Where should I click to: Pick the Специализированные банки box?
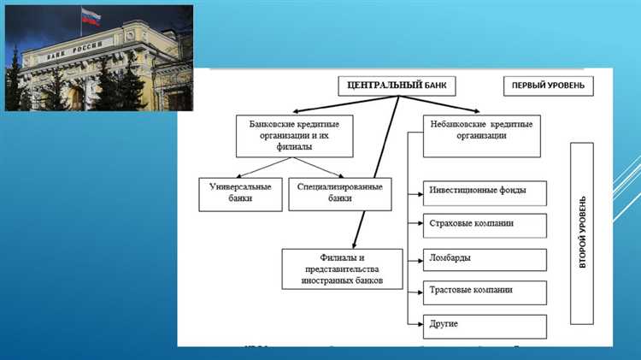coord(340,192)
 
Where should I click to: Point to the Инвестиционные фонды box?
coord(485,193)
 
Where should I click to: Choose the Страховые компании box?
coord(485,226)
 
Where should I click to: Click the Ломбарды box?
coord(485,259)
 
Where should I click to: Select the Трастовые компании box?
coord(485,292)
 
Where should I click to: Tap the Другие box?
coord(485,327)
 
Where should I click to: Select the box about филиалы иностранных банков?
coord(342,269)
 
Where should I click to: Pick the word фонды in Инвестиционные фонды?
coord(514,191)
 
